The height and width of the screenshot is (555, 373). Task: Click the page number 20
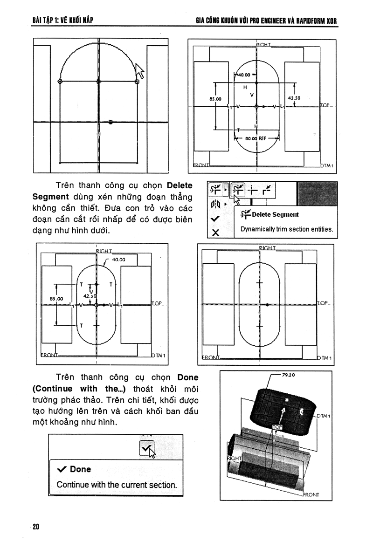coord(36,527)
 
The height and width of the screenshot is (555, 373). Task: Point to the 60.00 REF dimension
coord(256,138)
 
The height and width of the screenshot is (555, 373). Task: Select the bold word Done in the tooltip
coord(80,469)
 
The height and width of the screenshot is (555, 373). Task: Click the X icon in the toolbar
coord(215,233)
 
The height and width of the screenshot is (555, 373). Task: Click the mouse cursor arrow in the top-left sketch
coord(139,71)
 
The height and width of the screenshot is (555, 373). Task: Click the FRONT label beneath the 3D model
coord(311,495)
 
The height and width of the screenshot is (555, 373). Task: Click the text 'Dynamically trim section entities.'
coord(286,229)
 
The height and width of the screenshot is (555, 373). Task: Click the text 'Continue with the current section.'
coord(117,485)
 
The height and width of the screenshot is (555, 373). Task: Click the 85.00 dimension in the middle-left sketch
coord(50,299)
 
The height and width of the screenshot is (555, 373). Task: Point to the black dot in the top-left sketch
coord(111,122)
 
